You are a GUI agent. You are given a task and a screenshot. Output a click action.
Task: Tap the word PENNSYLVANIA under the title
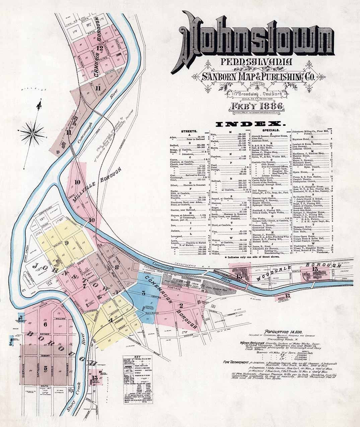point(256,62)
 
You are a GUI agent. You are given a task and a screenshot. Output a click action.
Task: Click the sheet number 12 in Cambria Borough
point(99,48)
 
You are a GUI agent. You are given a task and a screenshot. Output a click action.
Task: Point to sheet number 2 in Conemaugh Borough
point(181,305)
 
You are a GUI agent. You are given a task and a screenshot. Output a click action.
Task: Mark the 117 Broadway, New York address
point(257,94)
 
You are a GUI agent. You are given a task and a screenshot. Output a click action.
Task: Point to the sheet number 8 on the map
point(117,267)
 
